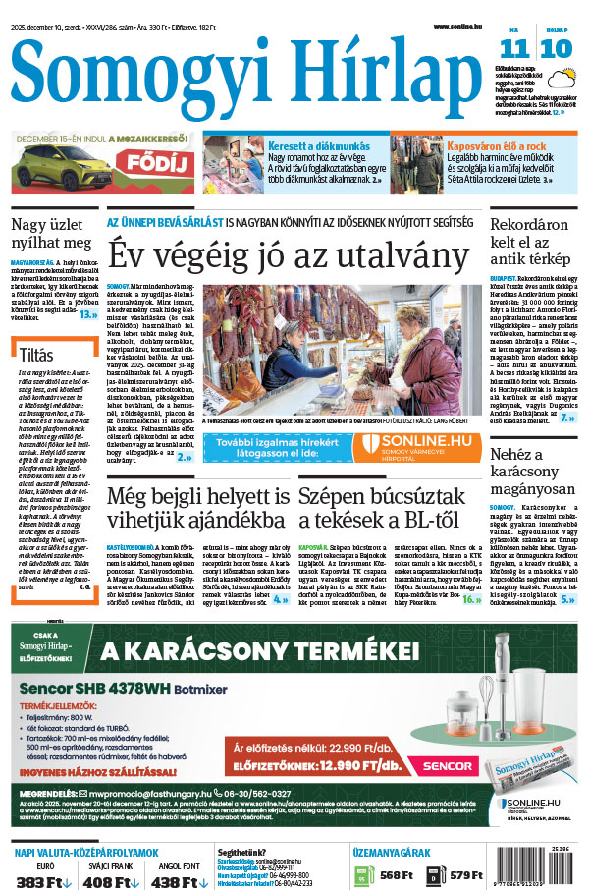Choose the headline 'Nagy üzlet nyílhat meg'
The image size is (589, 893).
(x=51, y=232)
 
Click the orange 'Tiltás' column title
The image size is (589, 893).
(x=37, y=353)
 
